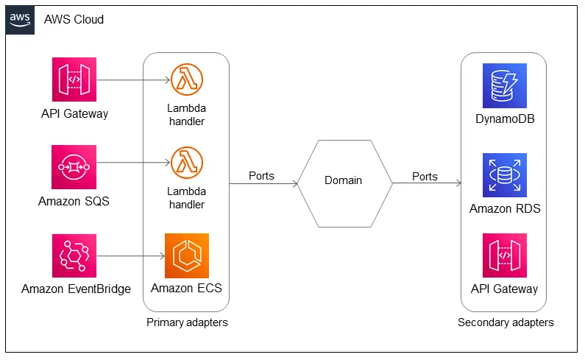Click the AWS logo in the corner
pyautogui.click(x=20, y=20)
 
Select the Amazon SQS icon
pyautogui.click(x=74, y=167)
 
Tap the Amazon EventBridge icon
pyautogui.click(x=74, y=255)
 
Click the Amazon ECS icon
pyautogui.click(x=187, y=255)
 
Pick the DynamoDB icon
pyautogui.click(x=505, y=85)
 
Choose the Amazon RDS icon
pyautogui.click(x=505, y=175)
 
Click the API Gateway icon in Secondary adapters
pyautogui.click(x=505, y=255)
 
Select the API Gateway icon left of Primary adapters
pyautogui.click(x=74, y=80)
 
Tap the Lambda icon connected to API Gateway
pyautogui.click(x=187, y=80)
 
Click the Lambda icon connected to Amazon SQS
pyautogui.click(x=187, y=163)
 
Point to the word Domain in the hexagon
pyautogui.click(x=343, y=180)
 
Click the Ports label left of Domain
pyautogui.click(x=261, y=176)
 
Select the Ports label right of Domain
pyautogui.click(x=425, y=177)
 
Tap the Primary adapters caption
pyautogui.click(x=187, y=322)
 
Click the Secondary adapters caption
pyautogui.click(x=506, y=322)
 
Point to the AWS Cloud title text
pyautogui.click(x=74, y=19)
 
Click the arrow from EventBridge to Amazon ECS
pyautogui.click(x=130, y=256)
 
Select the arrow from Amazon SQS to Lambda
pyautogui.click(x=133, y=163)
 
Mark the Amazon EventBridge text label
pyautogui.click(x=76, y=289)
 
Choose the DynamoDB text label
pyautogui.click(x=505, y=119)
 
